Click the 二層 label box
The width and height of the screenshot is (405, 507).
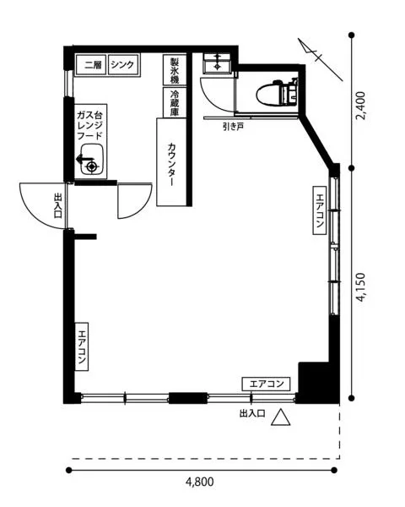pyautogui.click(x=91, y=65)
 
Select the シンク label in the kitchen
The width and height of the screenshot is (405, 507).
pyautogui.click(x=122, y=65)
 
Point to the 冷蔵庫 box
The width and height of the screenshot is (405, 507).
pyautogui.click(x=174, y=101)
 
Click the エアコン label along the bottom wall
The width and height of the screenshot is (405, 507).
pyautogui.click(x=267, y=384)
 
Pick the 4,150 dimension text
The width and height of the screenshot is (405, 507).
pyautogui.click(x=360, y=287)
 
